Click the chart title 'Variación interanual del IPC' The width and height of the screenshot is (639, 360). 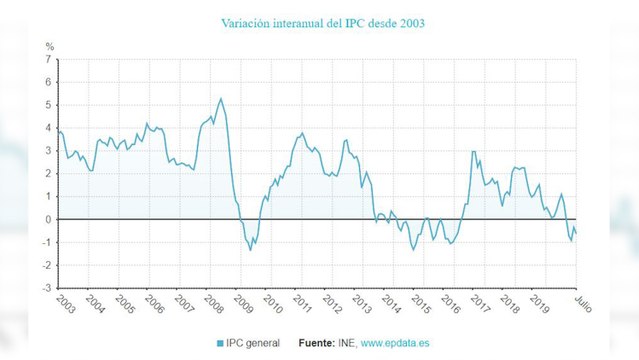coord(319,21)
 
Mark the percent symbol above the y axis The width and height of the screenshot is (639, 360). coord(49,46)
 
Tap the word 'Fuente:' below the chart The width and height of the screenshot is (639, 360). coord(317,343)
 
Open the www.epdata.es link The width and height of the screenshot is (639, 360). coord(395,343)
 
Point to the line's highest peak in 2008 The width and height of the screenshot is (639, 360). coord(220,98)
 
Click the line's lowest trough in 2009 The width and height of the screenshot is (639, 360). coord(250,249)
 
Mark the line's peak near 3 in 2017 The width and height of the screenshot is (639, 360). coord(473,152)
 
